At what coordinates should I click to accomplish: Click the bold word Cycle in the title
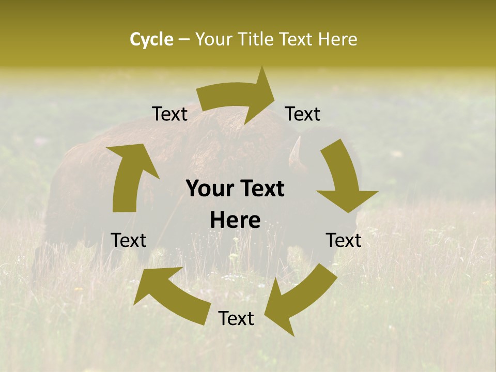[x=151, y=39]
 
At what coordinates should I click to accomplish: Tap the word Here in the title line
[x=338, y=39]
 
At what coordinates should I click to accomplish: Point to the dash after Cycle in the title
[x=184, y=40]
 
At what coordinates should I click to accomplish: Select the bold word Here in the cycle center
[x=235, y=220]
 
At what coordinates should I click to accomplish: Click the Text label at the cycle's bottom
[x=236, y=318]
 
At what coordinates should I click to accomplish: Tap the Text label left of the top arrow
[x=169, y=114]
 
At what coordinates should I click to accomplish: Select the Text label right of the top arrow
[x=303, y=114]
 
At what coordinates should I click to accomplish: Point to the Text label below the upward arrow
[x=129, y=240]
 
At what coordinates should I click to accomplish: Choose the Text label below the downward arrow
[x=344, y=240]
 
